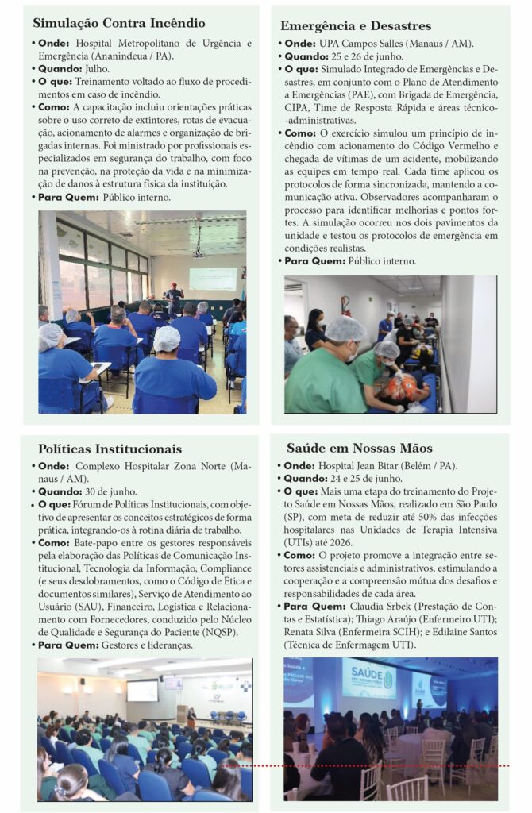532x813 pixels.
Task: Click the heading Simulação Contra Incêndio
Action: pyautogui.click(x=118, y=24)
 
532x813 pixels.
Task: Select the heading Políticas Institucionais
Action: pyautogui.click(x=110, y=449)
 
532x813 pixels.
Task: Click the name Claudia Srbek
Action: pyautogui.click(x=379, y=607)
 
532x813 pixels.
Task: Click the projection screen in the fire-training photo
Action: pyautogui.click(x=212, y=279)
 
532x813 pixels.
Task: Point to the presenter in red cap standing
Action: pyautogui.click(x=174, y=296)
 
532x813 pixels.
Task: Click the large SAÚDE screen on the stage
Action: pyautogui.click(x=368, y=680)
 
